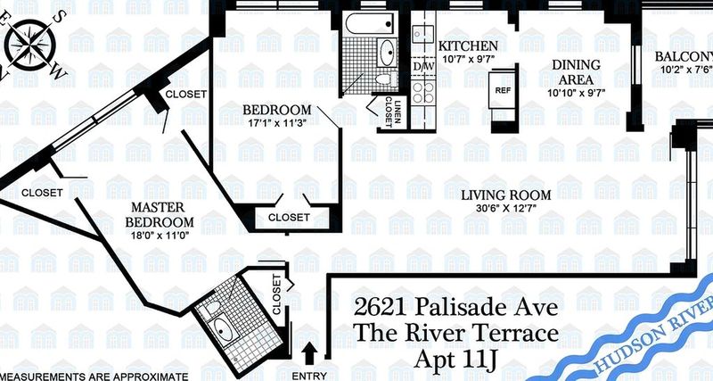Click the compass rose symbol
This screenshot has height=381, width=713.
33,44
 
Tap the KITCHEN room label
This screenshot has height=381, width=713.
468,46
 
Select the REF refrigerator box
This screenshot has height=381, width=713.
503,91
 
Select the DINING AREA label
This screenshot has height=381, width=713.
576,72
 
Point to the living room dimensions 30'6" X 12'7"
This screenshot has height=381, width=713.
505,209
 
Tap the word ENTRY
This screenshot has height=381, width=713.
309,376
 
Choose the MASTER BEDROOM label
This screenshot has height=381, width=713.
160,214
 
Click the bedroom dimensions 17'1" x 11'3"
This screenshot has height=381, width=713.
276,122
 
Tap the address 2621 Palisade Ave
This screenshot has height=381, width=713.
455,307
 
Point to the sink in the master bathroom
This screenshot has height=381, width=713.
223,329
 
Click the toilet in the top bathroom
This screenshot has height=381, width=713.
385,79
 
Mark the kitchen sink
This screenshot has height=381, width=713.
422,34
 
